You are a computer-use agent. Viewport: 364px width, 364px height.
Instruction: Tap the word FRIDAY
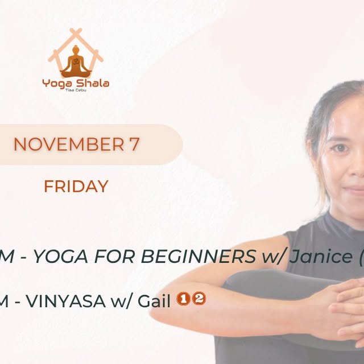click(76, 186)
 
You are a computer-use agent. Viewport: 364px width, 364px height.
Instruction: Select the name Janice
click(320, 258)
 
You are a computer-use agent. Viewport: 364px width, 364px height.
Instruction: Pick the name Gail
click(155, 301)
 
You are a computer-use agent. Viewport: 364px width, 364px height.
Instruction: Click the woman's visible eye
click(340, 148)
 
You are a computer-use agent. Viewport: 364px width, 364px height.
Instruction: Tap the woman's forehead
click(347, 117)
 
